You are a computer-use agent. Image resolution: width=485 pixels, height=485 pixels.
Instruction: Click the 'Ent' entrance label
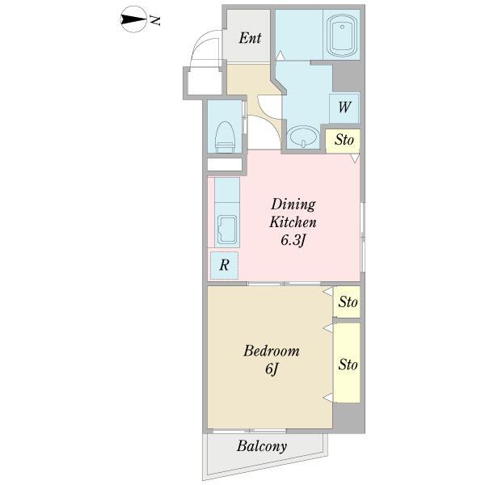pos(250,38)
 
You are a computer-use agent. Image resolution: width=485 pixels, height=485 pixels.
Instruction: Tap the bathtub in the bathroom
pos(342,35)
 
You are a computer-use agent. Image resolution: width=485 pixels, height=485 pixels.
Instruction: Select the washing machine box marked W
pos(344,108)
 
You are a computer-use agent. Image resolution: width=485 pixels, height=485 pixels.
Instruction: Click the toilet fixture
pos(225,137)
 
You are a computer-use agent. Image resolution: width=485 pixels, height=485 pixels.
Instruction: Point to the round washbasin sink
pos(303,137)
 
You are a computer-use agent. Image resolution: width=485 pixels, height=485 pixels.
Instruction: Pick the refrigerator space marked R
pos(224,265)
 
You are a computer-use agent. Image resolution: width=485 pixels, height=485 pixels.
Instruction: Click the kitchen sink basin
pos(227,229)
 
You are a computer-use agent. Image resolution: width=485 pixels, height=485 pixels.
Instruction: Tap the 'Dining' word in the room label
pos(293,205)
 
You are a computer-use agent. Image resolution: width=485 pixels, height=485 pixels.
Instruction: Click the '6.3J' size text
pos(293,240)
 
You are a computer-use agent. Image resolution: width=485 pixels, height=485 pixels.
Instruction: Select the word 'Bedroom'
pos(272,351)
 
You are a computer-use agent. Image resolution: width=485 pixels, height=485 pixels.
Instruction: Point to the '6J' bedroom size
pos(272,369)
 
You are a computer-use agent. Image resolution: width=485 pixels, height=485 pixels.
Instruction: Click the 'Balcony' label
pos(262,446)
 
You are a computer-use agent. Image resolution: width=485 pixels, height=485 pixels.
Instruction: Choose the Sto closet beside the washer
pos(343,141)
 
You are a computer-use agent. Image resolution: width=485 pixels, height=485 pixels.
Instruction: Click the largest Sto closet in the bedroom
pos(348,363)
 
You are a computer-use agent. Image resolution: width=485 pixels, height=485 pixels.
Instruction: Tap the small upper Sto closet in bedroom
pos(348,302)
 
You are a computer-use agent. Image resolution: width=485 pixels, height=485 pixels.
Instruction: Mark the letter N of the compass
pos(154,20)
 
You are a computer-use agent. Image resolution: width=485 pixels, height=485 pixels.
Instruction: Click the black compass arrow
pos(133,19)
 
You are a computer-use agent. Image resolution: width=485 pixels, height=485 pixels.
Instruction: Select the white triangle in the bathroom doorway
pos(280,55)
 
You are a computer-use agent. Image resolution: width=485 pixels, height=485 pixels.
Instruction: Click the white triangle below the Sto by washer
pos(355,158)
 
